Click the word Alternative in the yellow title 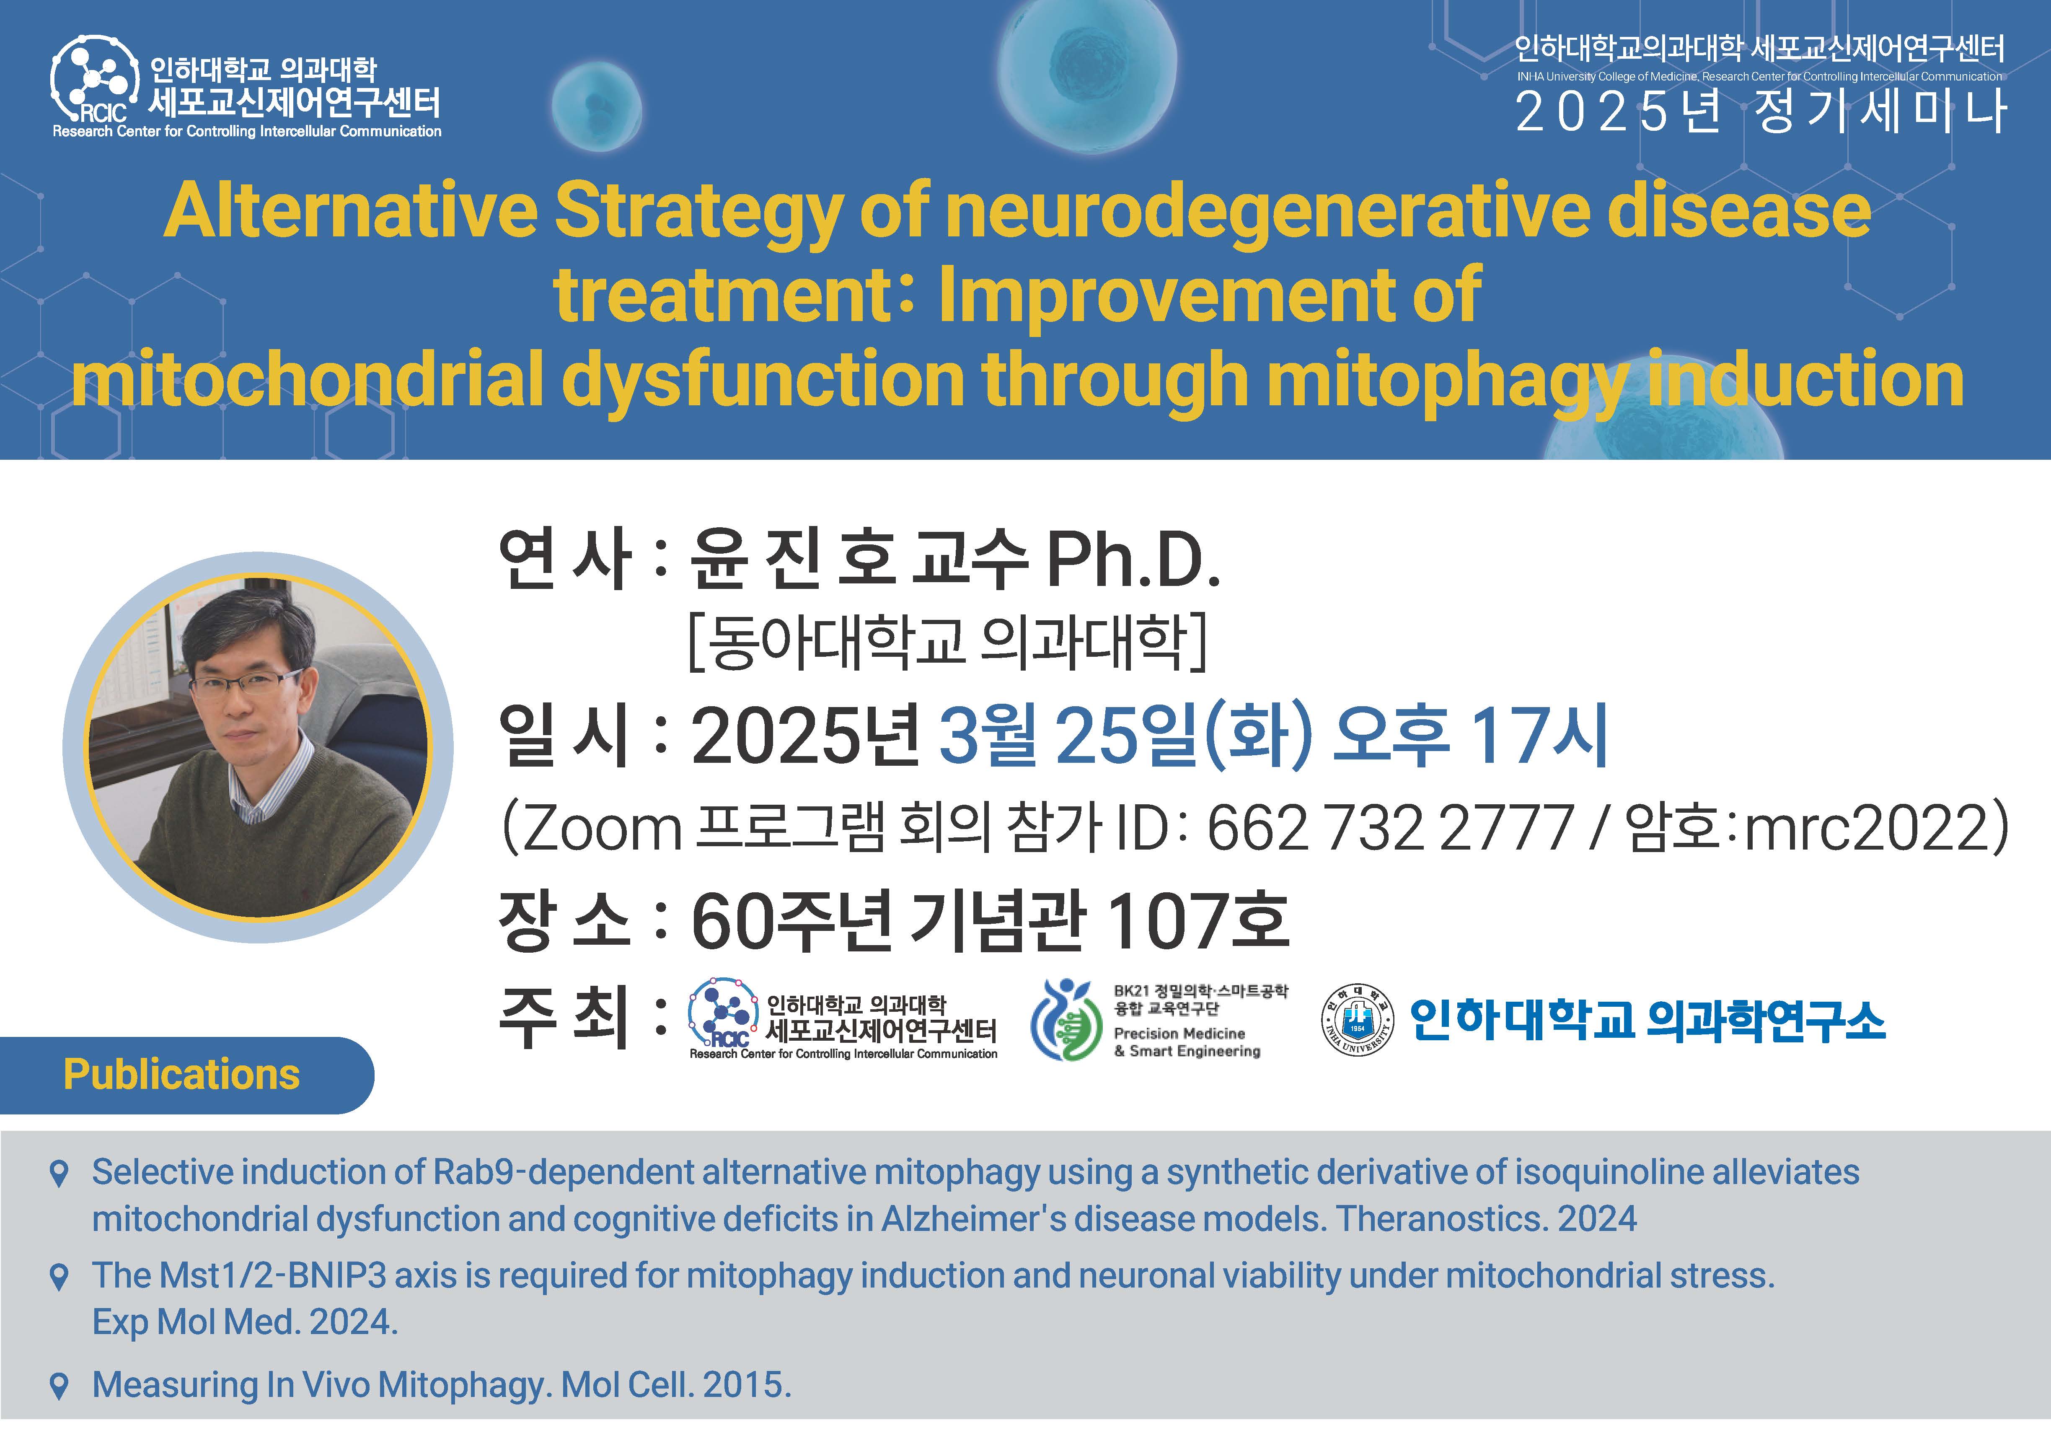tap(350, 211)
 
